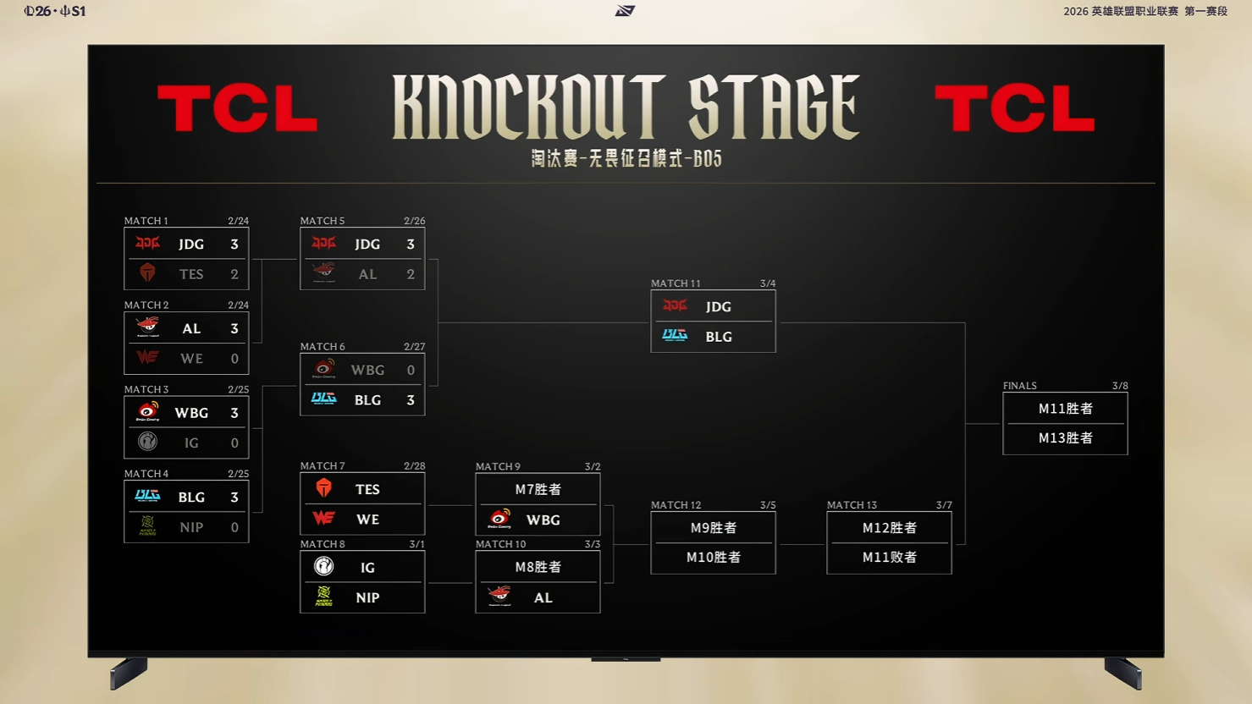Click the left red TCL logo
(x=237, y=109)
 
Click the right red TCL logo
(x=1014, y=109)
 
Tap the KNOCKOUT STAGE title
(x=626, y=107)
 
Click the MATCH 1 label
(x=146, y=221)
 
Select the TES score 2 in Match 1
(x=234, y=274)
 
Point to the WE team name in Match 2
(x=191, y=359)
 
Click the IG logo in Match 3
(x=147, y=442)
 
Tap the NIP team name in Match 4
(x=191, y=527)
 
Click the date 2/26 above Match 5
(x=414, y=221)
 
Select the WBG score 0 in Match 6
(x=411, y=370)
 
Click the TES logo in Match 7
(x=323, y=488)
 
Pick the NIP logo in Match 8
(x=323, y=597)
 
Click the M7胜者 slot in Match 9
(x=538, y=489)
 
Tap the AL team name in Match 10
(x=543, y=597)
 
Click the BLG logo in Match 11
(x=675, y=336)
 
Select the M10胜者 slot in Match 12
(x=714, y=557)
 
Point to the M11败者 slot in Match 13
(x=889, y=557)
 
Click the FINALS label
(x=1019, y=386)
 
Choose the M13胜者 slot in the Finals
(x=1065, y=437)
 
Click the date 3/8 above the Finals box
(x=1120, y=386)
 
